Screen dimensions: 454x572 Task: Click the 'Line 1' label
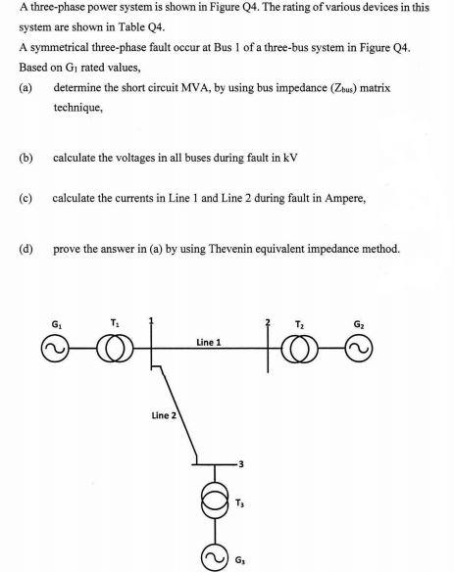tap(208, 343)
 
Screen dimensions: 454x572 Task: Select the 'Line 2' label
tap(165, 416)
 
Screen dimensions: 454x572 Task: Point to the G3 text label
tap(242, 561)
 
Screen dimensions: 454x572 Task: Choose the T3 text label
tap(241, 503)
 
